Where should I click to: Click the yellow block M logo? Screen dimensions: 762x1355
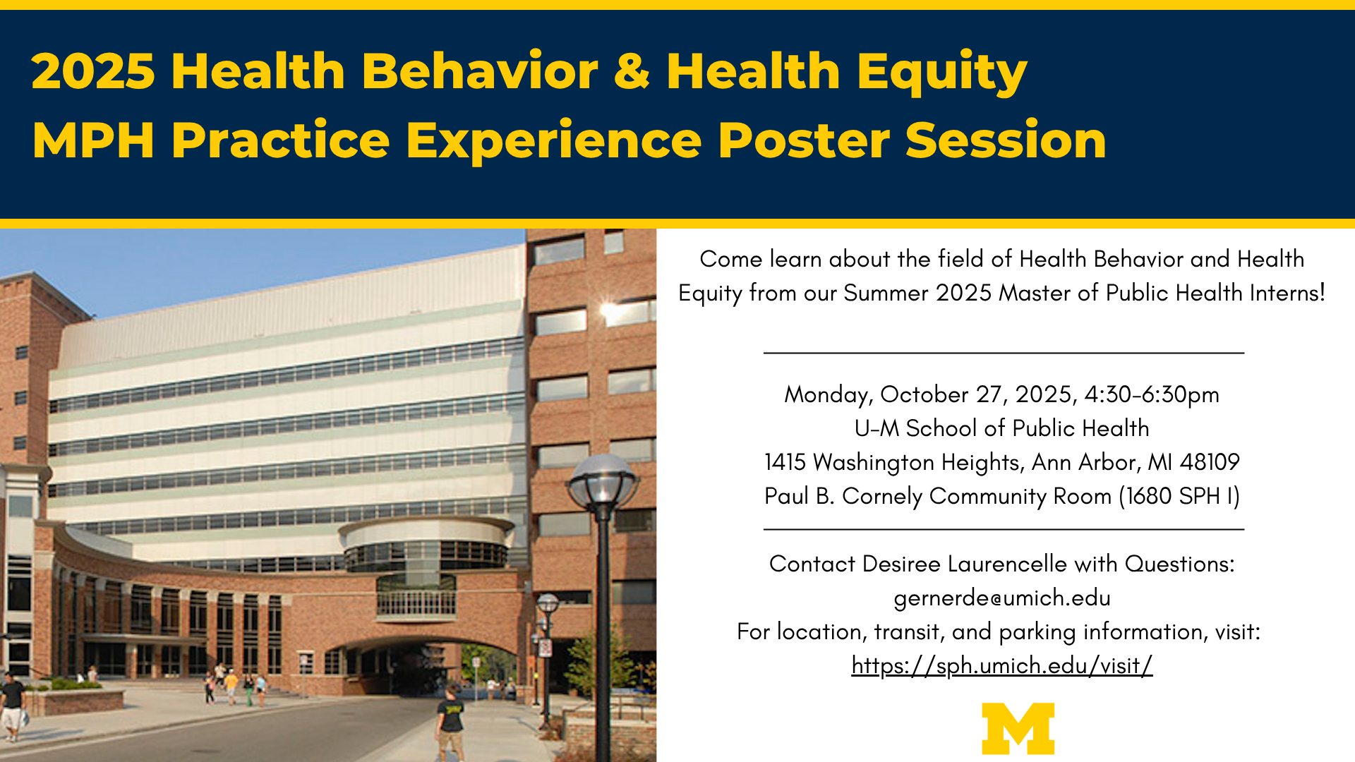click(x=1018, y=728)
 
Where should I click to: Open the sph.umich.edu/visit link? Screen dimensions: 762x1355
click(x=1001, y=665)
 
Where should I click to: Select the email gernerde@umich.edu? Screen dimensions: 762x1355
click(x=1001, y=598)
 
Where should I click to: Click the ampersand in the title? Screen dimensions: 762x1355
click(x=632, y=71)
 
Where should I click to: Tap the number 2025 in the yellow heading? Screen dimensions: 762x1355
click(x=92, y=71)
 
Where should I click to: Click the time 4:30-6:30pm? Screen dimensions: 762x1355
click(x=1152, y=394)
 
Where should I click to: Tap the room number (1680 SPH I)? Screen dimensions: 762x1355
click(x=1179, y=496)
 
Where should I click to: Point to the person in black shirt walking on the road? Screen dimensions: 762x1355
click(x=450, y=720)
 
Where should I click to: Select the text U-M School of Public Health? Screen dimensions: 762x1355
click(x=1001, y=428)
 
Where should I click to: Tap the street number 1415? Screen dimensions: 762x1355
click(x=785, y=462)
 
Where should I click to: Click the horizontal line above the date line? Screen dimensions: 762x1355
click(x=1003, y=352)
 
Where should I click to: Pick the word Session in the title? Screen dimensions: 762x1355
click(x=1005, y=140)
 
